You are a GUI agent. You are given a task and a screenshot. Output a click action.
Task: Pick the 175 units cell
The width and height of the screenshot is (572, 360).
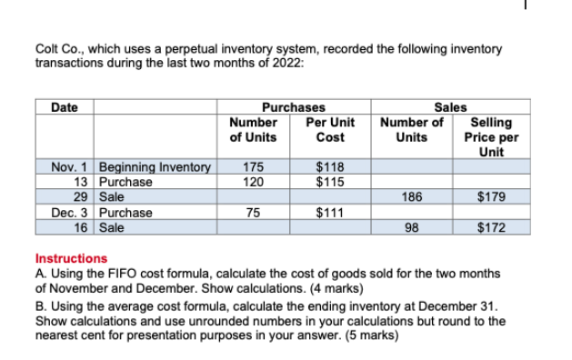pyautogui.click(x=254, y=167)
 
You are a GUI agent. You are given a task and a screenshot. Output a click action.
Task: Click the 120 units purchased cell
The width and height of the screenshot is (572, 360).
pyautogui.click(x=254, y=181)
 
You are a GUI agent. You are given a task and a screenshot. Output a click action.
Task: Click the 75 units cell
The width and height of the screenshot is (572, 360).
pyautogui.click(x=254, y=214)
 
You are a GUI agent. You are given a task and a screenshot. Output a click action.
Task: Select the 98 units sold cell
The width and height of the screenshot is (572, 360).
pyautogui.click(x=411, y=227)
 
